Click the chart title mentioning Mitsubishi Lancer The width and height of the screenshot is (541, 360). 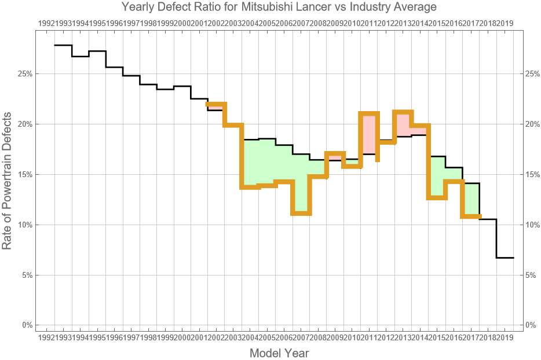[279, 7]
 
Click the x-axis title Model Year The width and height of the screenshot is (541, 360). [279, 352]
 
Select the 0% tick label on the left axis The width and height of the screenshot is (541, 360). [25, 325]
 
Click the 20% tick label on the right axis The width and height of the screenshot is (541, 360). [532, 124]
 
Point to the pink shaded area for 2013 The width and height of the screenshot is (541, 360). [403, 124]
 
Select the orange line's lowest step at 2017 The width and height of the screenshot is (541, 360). [471, 216]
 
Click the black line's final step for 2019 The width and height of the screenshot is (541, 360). [505, 258]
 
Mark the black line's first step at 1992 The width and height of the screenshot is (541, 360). [63, 45]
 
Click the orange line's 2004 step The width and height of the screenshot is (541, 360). [250, 187]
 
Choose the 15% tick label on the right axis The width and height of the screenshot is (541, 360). [532, 174]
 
